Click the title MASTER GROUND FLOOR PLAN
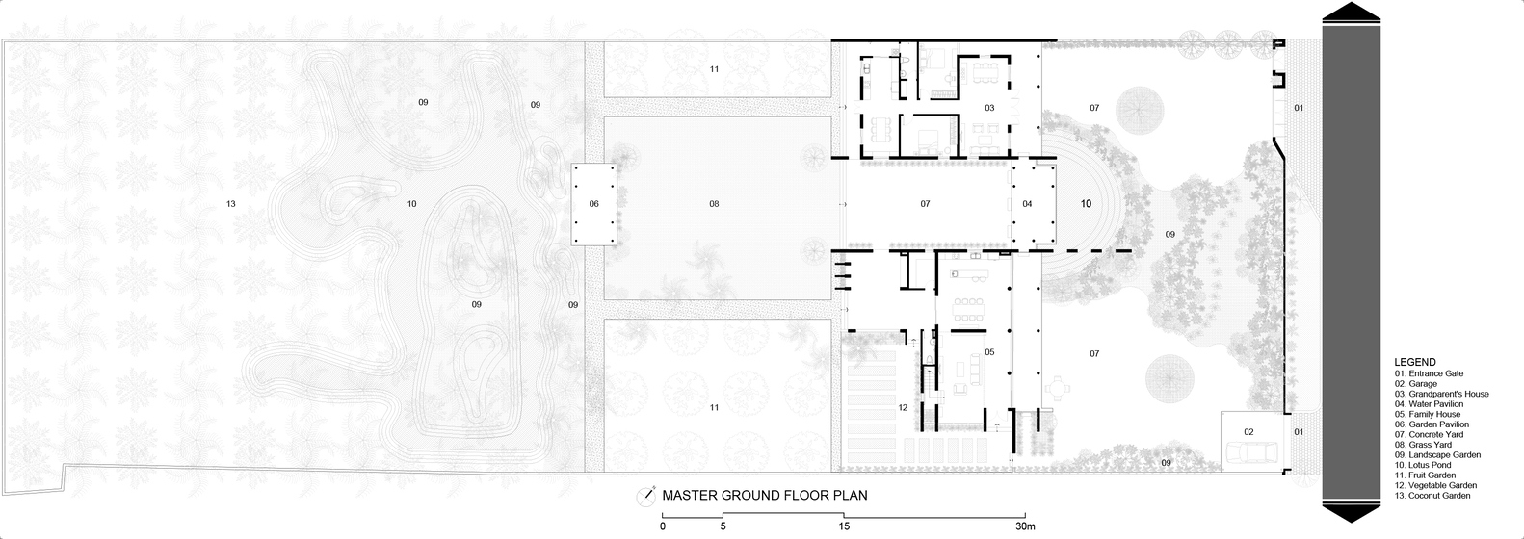click(x=765, y=495)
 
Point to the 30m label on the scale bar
click(x=1025, y=526)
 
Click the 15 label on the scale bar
click(x=844, y=526)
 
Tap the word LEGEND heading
click(x=1415, y=362)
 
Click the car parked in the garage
click(x=1252, y=451)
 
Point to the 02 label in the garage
click(x=1248, y=431)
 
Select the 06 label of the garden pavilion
click(x=594, y=204)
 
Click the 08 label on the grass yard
click(x=714, y=204)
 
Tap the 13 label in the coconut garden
click(x=230, y=204)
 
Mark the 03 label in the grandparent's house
click(x=989, y=108)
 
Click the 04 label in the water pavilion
click(x=1027, y=204)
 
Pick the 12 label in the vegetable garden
click(x=903, y=408)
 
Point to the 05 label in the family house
click(x=989, y=352)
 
